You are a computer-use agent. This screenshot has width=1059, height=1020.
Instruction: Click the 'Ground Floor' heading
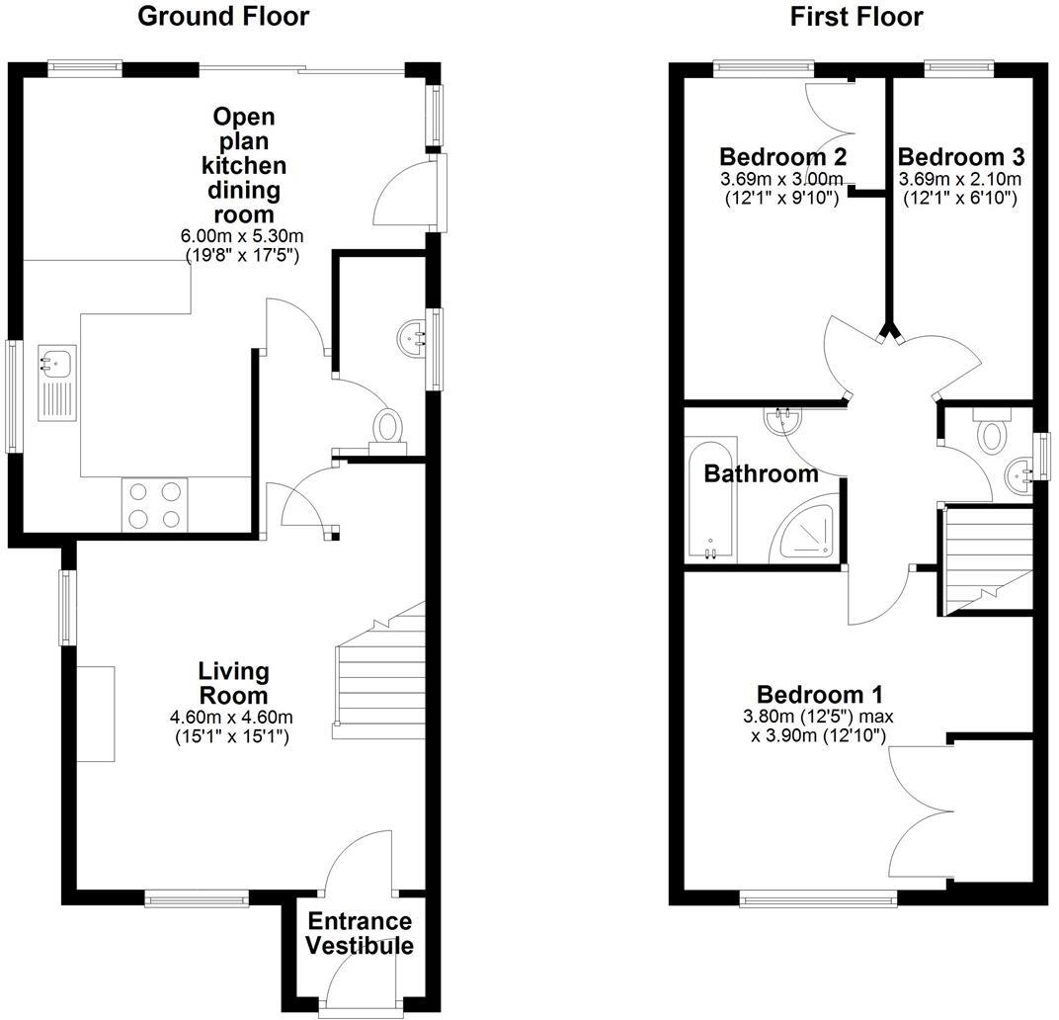222,16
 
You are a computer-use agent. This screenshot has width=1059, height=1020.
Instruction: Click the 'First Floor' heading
856,16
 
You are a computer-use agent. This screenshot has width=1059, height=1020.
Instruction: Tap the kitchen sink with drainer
55,382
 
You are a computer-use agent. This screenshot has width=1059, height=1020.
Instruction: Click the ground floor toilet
386,429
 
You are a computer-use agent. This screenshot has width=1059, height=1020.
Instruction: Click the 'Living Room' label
233,683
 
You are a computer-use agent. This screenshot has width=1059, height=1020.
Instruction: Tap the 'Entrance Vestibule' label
358,933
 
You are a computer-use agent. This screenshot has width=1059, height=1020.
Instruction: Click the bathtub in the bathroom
711,503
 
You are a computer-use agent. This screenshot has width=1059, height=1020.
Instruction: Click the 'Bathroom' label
761,473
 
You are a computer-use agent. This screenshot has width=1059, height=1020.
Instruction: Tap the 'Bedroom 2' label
782,157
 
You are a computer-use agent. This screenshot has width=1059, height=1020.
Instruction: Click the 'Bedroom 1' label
819,694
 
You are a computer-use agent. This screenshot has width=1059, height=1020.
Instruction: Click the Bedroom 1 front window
819,898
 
